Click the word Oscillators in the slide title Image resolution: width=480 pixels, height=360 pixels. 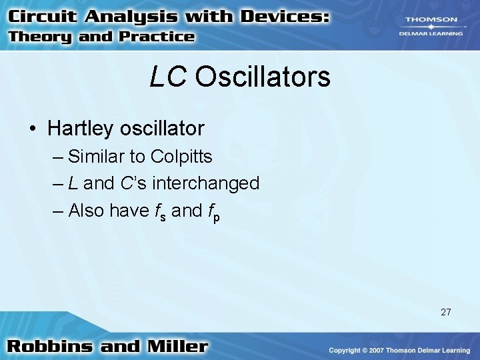[x=263, y=77]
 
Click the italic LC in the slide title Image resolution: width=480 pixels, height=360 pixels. [x=168, y=77]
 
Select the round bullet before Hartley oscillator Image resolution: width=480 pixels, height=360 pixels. [x=33, y=127]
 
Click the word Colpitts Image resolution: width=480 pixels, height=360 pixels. [x=181, y=157]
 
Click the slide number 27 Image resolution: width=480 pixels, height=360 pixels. [x=446, y=311]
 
